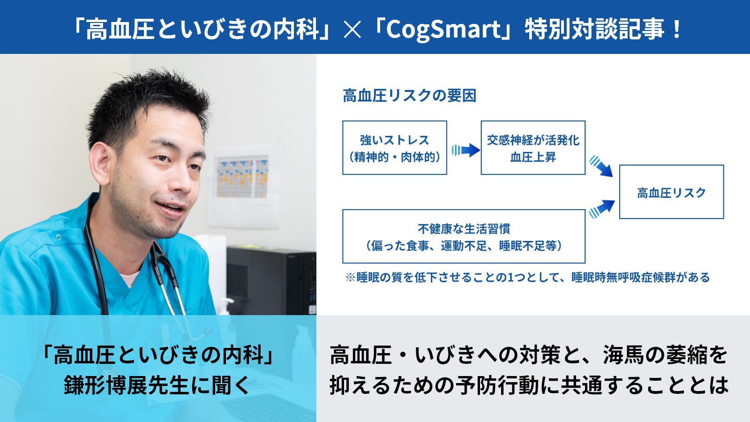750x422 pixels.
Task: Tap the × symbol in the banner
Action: pos(352,30)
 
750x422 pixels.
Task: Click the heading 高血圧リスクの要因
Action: pos(410,96)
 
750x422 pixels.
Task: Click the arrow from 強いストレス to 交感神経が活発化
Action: pos(466,150)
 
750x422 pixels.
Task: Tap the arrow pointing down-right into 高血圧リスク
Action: pos(601,166)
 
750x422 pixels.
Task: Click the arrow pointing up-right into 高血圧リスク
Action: pos(602,209)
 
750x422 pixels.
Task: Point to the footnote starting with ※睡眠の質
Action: pos(528,277)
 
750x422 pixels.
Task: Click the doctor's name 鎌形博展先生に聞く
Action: pos(157,385)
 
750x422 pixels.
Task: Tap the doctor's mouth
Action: pos(170,206)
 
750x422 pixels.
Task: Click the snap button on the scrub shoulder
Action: pos(59,237)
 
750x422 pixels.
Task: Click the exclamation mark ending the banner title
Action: pos(676,30)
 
